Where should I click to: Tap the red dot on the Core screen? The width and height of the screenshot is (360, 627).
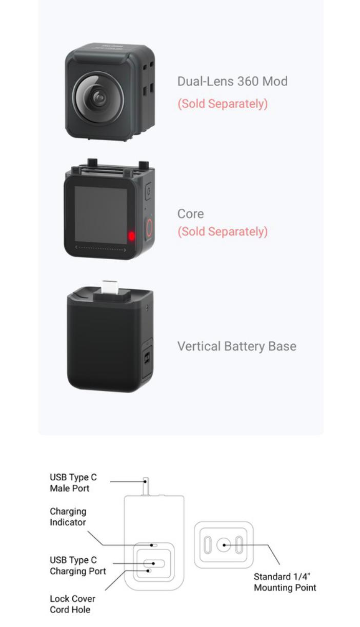[131, 236]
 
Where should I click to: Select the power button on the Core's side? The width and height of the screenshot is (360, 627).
[149, 191]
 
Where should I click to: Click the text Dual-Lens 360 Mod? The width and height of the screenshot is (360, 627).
[232, 82]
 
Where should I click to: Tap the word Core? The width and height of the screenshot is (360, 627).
[190, 214]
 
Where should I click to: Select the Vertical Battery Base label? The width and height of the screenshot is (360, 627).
[236, 346]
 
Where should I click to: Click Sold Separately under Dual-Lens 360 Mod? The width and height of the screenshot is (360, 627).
[223, 104]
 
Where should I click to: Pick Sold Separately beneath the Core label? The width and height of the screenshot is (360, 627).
[223, 232]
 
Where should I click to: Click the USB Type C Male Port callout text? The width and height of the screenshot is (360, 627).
[73, 483]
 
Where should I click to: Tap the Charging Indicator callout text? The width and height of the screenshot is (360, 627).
[68, 517]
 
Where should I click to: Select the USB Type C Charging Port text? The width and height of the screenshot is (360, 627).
[78, 565]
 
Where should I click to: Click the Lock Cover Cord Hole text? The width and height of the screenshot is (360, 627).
[72, 604]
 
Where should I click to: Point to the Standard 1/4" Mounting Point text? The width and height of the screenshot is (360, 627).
[285, 582]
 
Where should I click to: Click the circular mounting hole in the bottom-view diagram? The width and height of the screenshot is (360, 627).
[224, 545]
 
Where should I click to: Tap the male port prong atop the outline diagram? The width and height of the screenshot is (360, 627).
[146, 486]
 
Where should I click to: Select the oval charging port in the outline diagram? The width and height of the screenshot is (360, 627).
[153, 563]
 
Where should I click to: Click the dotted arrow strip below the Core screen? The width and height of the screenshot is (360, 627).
[101, 248]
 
